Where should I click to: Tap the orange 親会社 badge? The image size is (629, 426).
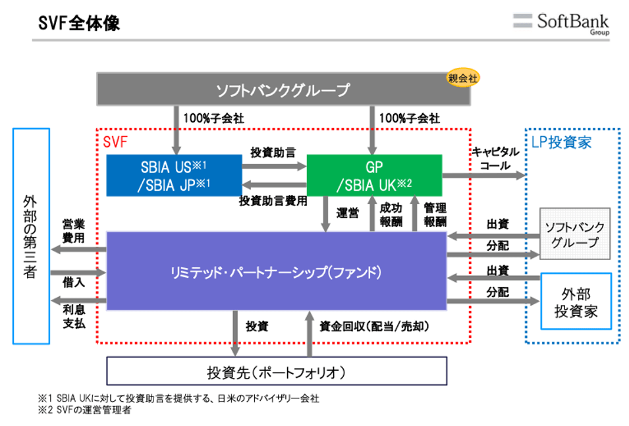(463, 78)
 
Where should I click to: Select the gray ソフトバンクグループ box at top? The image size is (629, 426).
(283, 89)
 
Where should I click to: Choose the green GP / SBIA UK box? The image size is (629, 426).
(374, 175)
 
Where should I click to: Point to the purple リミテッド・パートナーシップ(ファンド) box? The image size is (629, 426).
(277, 271)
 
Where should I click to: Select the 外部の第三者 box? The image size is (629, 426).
(31, 236)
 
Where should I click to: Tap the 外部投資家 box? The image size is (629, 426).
(576, 302)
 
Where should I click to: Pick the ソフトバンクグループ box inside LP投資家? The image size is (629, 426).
(575, 234)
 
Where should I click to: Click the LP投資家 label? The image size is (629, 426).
(561, 142)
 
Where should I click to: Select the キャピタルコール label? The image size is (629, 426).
(495, 158)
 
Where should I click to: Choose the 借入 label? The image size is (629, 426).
(73, 281)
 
